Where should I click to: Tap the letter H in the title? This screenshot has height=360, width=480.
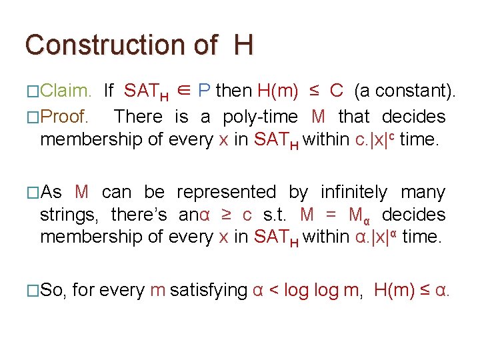pyautogui.click(x=243, y=45)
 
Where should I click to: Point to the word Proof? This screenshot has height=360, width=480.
pyautogui.click(x=64, y=117)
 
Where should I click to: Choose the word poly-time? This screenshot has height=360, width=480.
pyautogui.click(x=260, y=117)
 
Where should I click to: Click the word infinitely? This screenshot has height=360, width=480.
pyautogui.click(x=353, y=192)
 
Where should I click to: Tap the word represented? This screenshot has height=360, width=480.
pyautogui.click(x=226, y=192)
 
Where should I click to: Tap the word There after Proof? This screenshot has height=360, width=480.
pyautogui.click(x=139, y=117)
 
